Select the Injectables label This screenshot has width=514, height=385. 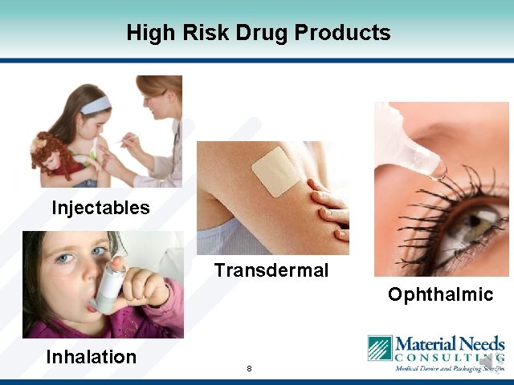point(100,208)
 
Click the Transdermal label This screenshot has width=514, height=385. point(271,270)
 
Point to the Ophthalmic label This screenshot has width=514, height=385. point(440,294)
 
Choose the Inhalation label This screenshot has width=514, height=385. point(91,356)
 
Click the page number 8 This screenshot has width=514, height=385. point(249,369)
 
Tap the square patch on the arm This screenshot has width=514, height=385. point(275,172)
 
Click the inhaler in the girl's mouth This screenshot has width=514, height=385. point(108,281)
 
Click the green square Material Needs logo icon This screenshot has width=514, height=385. point(379,348)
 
